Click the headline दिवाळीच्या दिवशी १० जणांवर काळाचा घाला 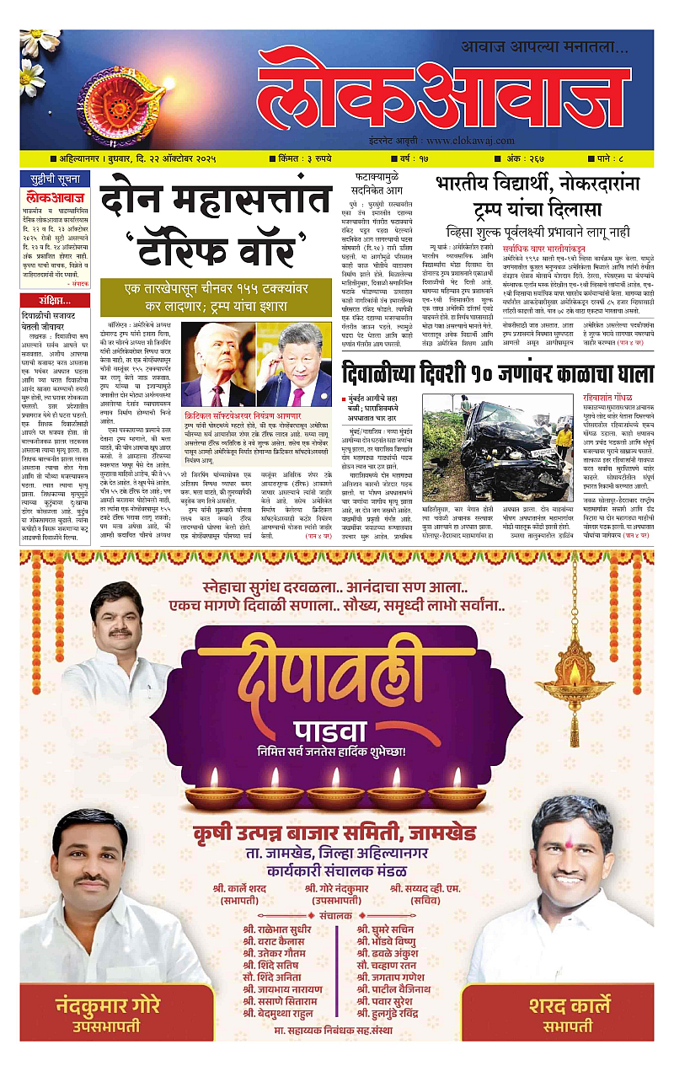coord(497,372)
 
